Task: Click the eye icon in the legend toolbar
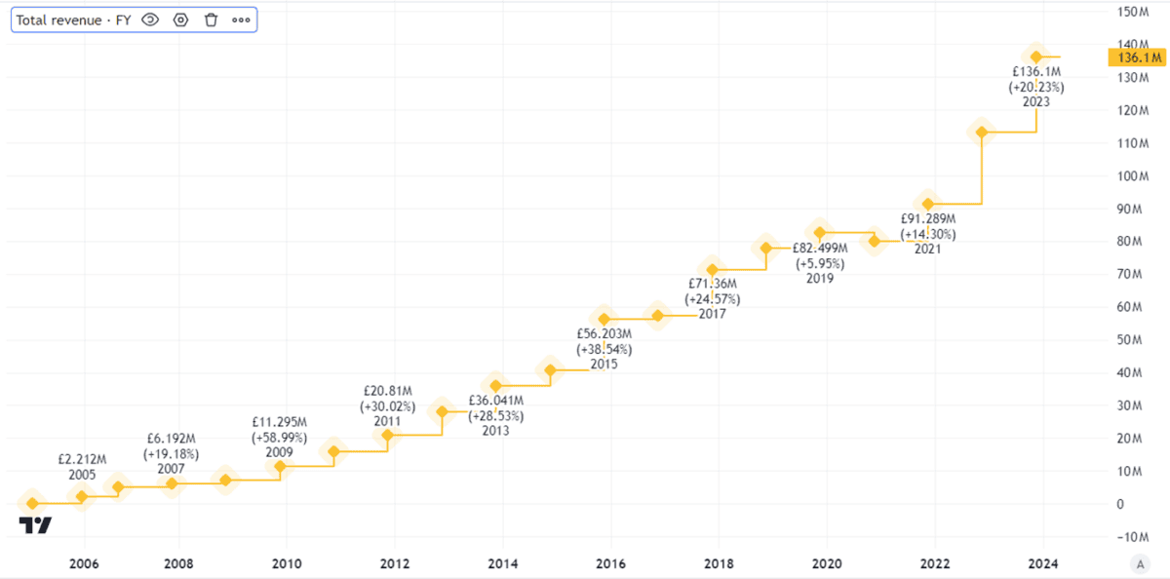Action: tap(150, 19)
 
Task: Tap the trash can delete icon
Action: tap(211, 19)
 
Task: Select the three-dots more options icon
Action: tap(241, 19)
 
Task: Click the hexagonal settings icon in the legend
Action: tap(180, 19)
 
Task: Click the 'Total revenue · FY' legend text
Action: tap(73, 19)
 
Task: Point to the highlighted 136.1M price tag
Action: tap(1136, 58)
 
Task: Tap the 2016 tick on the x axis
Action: tap(610, 563)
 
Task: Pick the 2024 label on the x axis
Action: tap(1042, 563)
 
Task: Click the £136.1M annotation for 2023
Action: tap(1035, 72)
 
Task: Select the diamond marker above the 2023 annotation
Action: tap(1035, 57)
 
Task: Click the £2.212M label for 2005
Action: tap(82, 459)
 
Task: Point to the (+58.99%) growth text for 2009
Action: tap(279, 438)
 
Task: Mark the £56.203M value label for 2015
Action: tap(604, 332)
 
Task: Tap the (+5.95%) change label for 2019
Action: tap(819, 263)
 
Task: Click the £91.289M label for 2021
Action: tap(928, 219)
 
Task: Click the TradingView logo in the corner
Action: tap(35, 525)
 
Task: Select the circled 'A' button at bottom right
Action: tap(1138, 563)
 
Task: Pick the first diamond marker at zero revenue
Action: tap(31, 504)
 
